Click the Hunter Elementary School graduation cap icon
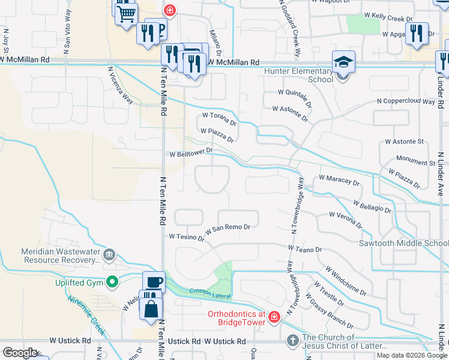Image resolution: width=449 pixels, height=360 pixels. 344,62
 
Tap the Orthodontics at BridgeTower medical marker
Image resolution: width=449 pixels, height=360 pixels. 274,316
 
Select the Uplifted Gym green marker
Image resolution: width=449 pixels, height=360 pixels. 112,281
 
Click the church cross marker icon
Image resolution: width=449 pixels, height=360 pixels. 292,340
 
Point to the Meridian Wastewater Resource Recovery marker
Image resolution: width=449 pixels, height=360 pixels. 109,255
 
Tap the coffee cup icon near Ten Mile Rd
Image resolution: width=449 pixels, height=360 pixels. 153,282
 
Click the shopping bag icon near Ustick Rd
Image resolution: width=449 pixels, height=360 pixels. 150,308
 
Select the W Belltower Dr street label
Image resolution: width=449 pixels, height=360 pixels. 191,153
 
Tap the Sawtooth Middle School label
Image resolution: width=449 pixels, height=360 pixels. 402,244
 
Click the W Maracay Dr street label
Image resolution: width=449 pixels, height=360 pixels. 339,179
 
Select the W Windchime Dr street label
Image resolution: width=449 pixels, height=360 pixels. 345,281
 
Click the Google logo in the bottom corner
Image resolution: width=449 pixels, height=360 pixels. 19,352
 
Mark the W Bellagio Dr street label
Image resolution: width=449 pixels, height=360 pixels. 373,208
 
